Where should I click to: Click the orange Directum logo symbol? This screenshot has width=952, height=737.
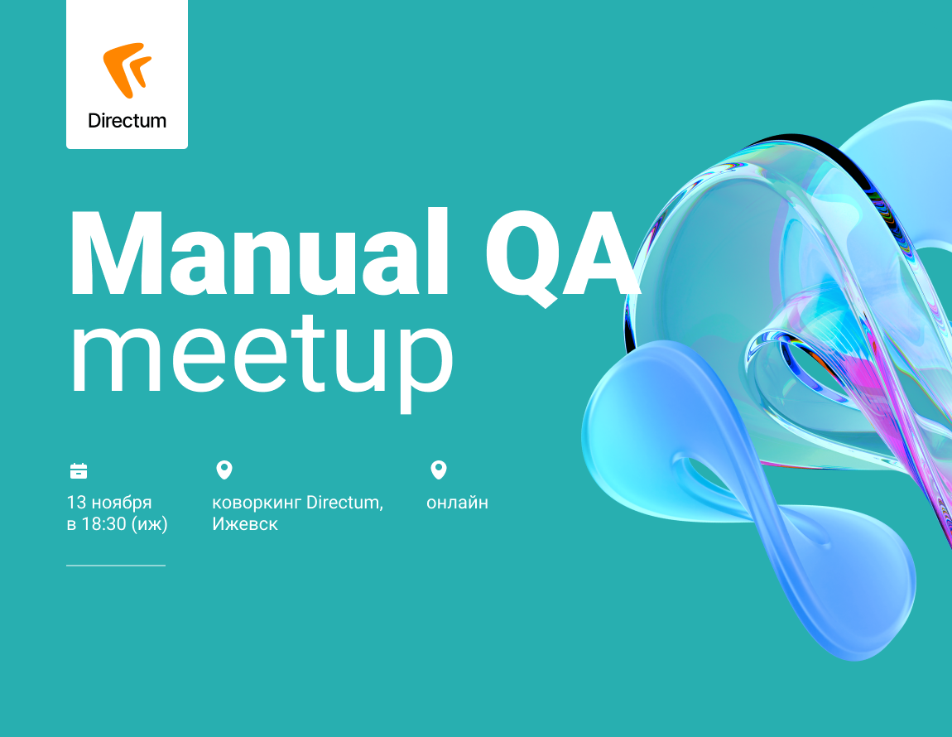127,70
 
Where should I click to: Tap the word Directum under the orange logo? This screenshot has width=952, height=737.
127,120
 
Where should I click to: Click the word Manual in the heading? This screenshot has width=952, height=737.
259,253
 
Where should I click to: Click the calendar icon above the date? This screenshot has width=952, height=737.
79,471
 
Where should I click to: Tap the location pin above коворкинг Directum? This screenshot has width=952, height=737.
224,470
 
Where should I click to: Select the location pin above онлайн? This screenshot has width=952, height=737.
439,470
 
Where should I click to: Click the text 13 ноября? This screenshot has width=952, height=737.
109,503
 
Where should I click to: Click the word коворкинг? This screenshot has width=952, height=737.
257,503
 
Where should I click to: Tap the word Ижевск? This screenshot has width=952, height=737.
245,523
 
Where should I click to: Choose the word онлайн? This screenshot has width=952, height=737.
457,503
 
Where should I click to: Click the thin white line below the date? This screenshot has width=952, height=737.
116,565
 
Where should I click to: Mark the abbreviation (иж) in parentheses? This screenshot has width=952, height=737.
149,524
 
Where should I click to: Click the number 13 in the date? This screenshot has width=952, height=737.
76,503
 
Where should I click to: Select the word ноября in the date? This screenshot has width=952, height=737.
122,503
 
